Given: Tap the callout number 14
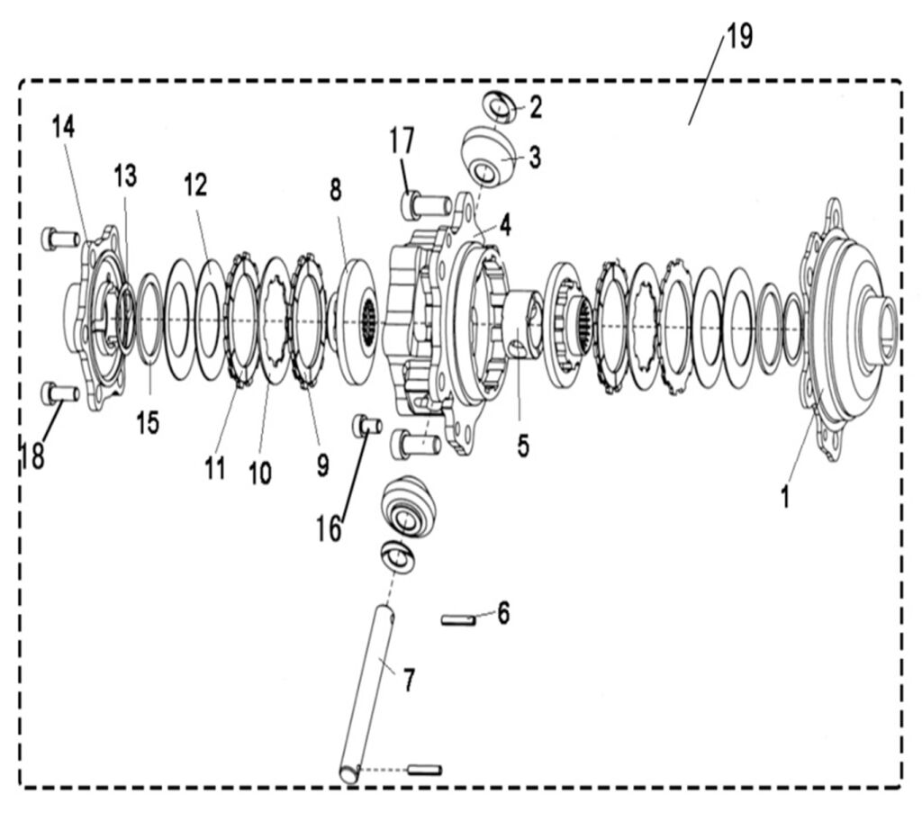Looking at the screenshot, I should (63, 126).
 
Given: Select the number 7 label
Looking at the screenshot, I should (410, 681).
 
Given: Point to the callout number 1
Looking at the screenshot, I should (785, 494).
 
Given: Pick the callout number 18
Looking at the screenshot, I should (32, 456).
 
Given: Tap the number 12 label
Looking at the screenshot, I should (195, 185).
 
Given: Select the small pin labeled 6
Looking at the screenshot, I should (456, 619).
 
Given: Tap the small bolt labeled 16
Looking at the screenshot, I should (368, 425).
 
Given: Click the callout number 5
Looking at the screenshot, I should (523, 446).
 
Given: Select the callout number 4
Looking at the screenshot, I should (506, 225).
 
